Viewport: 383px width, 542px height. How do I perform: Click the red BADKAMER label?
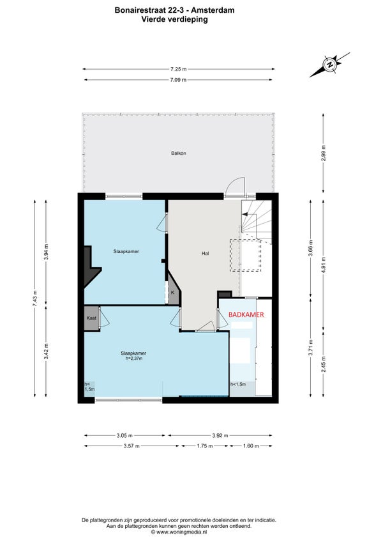click(246, 314)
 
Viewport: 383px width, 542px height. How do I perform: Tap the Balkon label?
click(179, 153)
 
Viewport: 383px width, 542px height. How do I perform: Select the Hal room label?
click(205, 253)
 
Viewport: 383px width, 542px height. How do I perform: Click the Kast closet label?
click(91, 318)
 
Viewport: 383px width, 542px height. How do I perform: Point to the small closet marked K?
click(173, 293)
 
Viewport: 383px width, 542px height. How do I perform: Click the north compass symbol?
click(330, 65)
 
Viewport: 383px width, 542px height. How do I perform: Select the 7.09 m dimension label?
click(179, 80)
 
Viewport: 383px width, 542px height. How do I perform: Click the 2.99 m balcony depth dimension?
click(323, 153)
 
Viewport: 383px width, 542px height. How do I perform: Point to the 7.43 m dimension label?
click(34, 298)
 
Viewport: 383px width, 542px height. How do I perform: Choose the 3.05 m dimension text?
click(124, 435)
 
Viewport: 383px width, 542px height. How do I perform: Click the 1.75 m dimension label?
click(205, 446)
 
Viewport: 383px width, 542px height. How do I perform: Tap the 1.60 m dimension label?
click(251, 446)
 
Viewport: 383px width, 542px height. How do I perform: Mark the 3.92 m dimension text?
click(220, 435)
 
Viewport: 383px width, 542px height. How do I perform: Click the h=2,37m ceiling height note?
click(134, 359)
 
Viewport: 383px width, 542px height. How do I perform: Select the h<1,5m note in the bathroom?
click(238, 384)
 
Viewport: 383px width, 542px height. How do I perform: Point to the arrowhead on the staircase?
click(245, 214)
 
